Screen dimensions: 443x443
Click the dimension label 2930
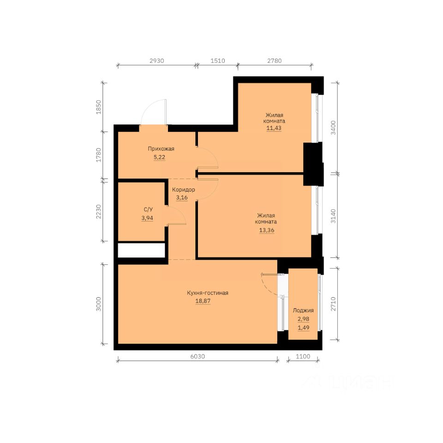[x=157, y=61]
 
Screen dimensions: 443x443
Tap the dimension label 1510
[x=218, y=61]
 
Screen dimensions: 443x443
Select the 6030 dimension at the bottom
[x=198, y=356]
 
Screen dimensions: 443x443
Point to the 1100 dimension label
[x=303, y=356]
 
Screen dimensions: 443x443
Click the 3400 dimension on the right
[x=333, y=128]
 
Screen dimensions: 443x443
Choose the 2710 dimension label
[x=333, y=304]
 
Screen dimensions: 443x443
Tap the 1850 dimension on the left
[x=99, y=107]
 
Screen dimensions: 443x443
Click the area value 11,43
[x=274, y=128]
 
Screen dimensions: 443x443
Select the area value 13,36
[x=267, y=230]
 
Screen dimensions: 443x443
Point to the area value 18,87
[x=203, y=301]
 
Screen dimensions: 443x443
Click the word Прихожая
[x=161, y=149]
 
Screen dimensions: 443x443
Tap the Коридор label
[x=183, y=190]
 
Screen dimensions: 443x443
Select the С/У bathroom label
[x=148, y=210]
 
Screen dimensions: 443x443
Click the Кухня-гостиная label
[x=208, y=293]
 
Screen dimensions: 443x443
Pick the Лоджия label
[x=303, y=310]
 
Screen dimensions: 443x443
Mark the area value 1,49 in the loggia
[x=304, y=328]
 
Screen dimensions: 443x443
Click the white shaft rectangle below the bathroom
[x=141, y=250]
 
